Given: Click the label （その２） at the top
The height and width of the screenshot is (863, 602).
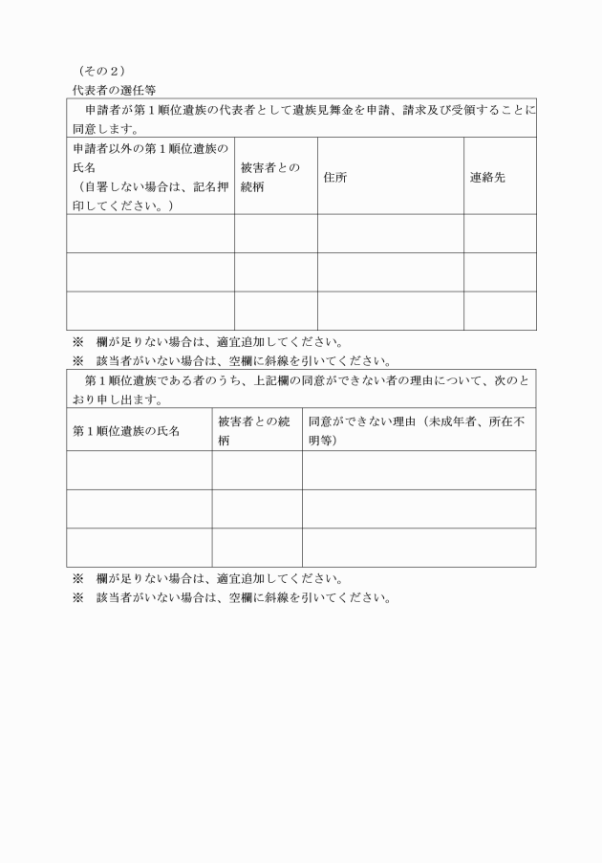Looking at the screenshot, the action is (99, 71).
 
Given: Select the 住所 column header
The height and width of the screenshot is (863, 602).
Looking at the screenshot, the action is (334, 177).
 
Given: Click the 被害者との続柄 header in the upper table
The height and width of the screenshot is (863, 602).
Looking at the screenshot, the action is (270, 177).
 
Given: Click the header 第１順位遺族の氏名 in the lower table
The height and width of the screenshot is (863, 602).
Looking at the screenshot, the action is (126, 430).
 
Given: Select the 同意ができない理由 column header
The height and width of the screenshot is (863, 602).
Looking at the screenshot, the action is (418, 430).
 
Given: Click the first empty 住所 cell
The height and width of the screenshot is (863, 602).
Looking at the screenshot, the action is (390, 233).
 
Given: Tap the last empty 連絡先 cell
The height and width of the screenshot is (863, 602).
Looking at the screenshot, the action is (499, 311).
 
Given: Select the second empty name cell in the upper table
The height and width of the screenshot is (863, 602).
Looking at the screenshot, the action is (150, 271).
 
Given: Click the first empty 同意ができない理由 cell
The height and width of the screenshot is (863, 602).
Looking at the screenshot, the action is (418, 469).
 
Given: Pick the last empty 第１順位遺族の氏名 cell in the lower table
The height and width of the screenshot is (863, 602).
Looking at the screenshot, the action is (139, 547).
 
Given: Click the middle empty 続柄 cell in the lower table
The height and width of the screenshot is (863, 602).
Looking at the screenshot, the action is (256, 508).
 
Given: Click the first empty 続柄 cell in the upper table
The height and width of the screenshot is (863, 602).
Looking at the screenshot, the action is (275, 233).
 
